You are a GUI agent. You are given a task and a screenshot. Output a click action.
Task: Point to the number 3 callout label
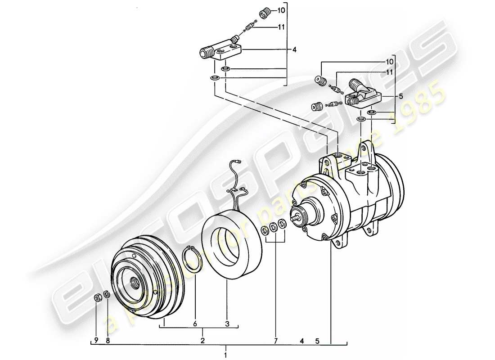click(x=227, y=323)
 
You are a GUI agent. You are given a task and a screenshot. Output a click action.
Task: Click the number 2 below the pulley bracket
click(x=203, y=340)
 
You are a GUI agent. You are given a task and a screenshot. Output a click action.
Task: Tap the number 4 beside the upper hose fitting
click(x=294, y=50)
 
